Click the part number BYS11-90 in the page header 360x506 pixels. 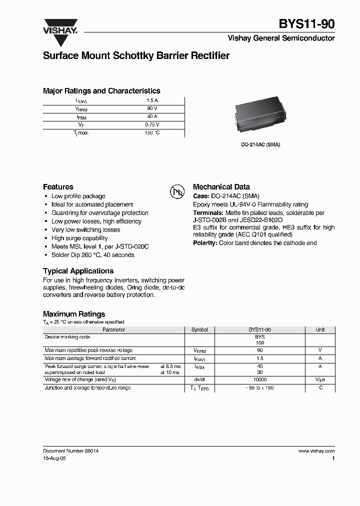[306, 23]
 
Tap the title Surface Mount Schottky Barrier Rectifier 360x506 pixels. [136, 55]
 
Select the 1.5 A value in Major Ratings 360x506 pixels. [152, 100]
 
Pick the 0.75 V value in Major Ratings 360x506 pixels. [152, 124]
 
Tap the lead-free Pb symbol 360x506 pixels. [177, 191]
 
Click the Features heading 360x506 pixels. [58, 186]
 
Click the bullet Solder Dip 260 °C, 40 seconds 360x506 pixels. [92, 255]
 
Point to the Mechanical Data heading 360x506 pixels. [221, 186]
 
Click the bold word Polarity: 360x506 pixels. [205, 243]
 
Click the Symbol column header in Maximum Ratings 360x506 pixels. [199, 330]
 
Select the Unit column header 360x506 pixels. [320, 330]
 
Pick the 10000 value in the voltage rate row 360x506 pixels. [260, 380]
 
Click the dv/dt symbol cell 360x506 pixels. [199, 380]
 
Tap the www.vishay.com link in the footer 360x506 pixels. [316, 450]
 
